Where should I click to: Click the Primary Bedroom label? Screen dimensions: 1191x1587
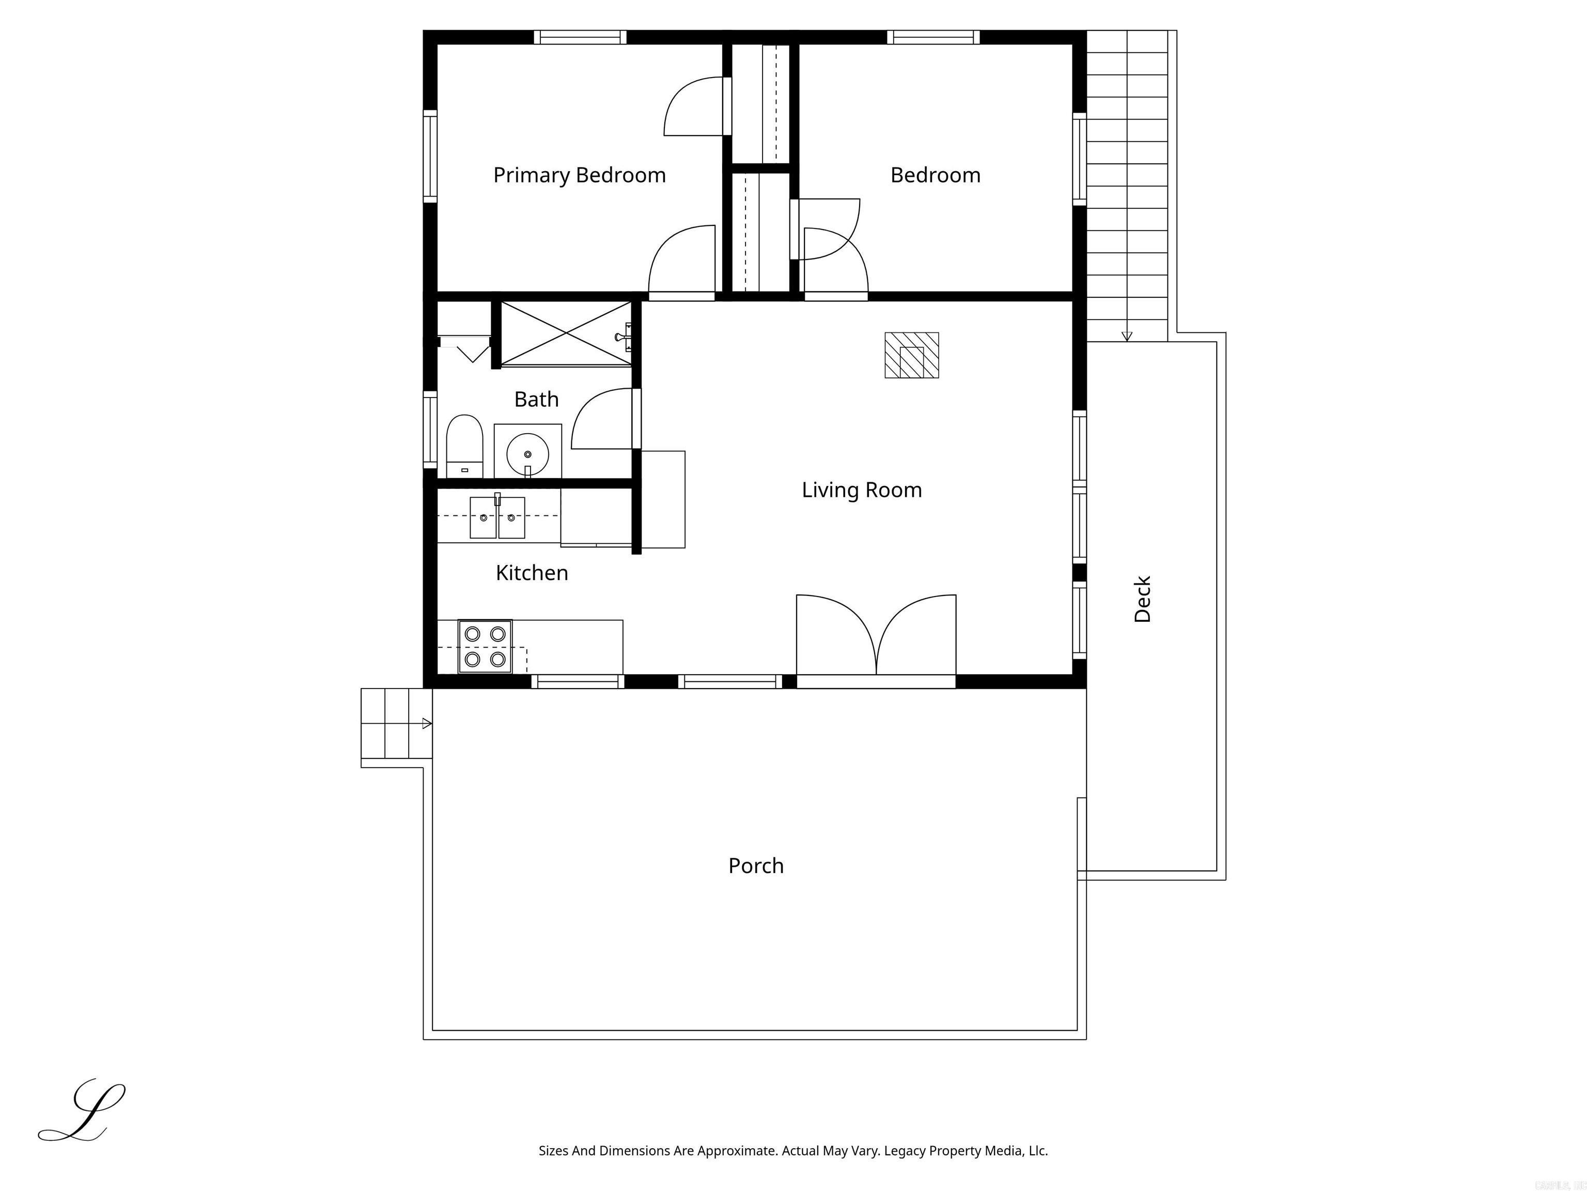(579, 175)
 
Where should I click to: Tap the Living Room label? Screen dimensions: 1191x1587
(861, 491)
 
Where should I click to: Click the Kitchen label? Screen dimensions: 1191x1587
(532, 573)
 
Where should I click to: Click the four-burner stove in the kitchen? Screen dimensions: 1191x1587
(485, 646)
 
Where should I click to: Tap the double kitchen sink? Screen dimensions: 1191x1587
(497, 517)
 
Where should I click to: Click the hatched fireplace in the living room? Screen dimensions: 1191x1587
(911, 355)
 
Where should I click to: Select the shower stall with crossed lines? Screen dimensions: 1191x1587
(566, 334)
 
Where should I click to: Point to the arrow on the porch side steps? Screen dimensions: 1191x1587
(427, 724)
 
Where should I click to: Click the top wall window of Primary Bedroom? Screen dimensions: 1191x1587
(580, 37)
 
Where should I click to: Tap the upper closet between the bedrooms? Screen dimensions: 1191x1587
(760, 104)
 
